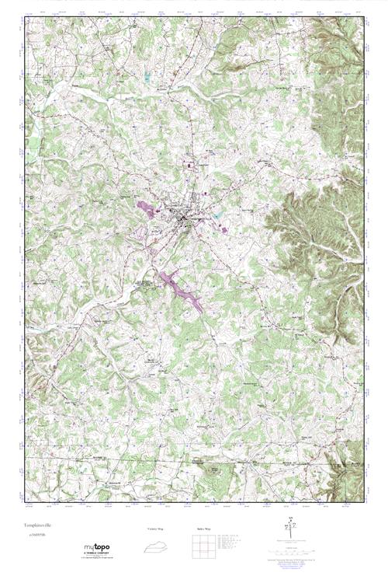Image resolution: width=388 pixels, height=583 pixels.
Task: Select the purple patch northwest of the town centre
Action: (145, 208)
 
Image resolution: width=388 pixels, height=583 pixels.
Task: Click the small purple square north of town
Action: (188, 163)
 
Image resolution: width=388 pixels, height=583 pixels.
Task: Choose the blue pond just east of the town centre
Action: (218, 217)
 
